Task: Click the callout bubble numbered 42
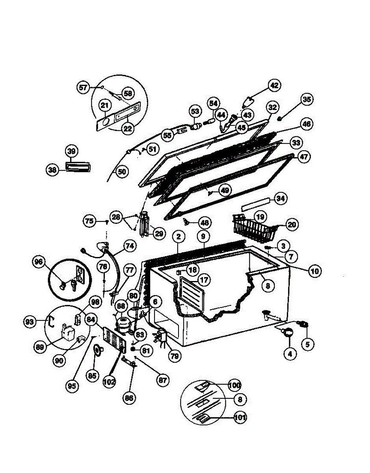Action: (274, 85)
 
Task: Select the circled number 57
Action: (83, 88)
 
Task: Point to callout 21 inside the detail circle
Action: (104, 106)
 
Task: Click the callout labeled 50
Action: (122, 171)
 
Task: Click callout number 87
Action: (162, 380)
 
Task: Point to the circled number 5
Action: (307, 343)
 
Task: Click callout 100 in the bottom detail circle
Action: (234, 385)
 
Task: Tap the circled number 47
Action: (304, 156)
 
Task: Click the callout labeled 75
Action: (90, 221)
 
